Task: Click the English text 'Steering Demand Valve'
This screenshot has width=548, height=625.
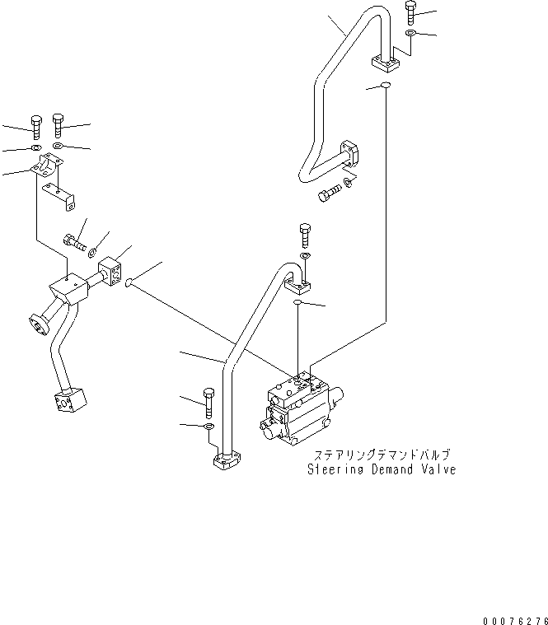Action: click(381, 470)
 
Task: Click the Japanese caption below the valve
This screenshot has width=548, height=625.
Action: click(381, 455)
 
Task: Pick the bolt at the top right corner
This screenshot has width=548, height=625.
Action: click(412, 14)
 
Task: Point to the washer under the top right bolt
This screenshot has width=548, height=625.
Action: click(412, 33)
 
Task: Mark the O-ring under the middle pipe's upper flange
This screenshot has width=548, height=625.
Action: click(300, 305)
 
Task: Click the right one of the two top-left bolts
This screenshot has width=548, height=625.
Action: click(58, 125)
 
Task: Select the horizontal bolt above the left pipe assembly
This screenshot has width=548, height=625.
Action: click(73, 241)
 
